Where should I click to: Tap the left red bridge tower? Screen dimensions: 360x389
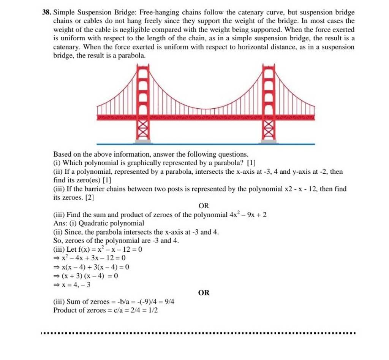click(143, 91)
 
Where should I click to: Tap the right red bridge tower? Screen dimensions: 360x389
click(269, 91)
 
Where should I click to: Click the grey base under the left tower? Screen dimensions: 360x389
click(143, 141)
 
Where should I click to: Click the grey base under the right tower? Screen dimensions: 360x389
click(269, 141)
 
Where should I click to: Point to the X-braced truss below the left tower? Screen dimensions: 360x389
click(143, 130)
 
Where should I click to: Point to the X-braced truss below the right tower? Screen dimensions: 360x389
click(269, 130)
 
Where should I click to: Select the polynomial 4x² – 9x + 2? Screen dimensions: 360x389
click(248, 215)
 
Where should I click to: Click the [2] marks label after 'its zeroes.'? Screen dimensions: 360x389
click(90, 197)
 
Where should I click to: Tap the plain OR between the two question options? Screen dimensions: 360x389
click(204, 206)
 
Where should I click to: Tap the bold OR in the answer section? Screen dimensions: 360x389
click(204, 293)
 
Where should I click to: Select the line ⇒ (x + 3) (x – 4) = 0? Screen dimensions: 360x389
click(86, 276)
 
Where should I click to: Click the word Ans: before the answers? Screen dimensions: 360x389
click(60, 223)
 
